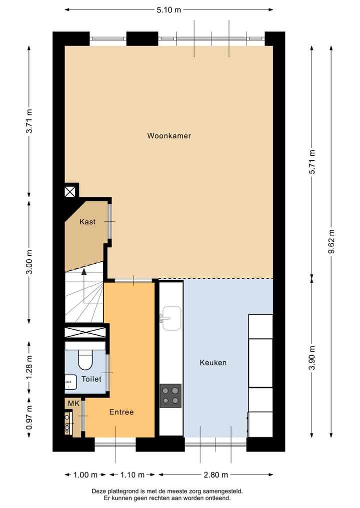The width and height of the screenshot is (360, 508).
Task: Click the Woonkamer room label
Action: [x=169, y=136]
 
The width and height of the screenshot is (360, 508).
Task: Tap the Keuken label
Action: [x=213, y=363]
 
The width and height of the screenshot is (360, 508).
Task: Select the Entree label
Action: [x=121, y=412]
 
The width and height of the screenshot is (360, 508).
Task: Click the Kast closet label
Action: [x=87, y=222]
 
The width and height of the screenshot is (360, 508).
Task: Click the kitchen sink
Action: [x=170, y=318]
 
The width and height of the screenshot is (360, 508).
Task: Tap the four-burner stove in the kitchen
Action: [x=170, y=396]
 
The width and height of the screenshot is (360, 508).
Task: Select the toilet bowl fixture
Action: [x=85, y=359]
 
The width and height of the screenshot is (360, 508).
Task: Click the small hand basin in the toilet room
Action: [x=70, y=382]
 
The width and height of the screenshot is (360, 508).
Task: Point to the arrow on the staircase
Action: [x=84, y=272]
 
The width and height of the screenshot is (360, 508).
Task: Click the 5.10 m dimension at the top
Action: [x=168, y=9]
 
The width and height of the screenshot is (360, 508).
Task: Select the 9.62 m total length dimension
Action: [x=331, y=241]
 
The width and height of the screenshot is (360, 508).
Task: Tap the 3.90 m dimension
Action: [x=312, y=358]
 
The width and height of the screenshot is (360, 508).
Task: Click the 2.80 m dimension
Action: [x=216, y=475]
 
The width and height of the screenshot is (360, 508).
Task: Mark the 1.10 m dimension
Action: [x=132, y=475]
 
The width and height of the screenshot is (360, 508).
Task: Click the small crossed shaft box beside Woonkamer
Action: [x=70, y=191]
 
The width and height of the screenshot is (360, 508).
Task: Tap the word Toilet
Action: [x=91, y=379]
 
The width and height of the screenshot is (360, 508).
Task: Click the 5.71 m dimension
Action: [x=312, y=162]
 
